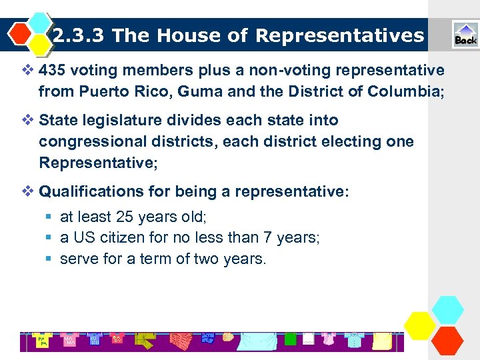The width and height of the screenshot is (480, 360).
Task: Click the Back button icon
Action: coord(465,35)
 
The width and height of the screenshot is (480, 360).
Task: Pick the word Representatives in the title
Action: coord(339,35)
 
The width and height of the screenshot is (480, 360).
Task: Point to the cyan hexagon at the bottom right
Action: coord(447,310)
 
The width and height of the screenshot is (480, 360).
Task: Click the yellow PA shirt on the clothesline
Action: coord(41,341)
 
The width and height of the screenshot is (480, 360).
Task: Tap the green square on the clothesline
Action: coord(290,339)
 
